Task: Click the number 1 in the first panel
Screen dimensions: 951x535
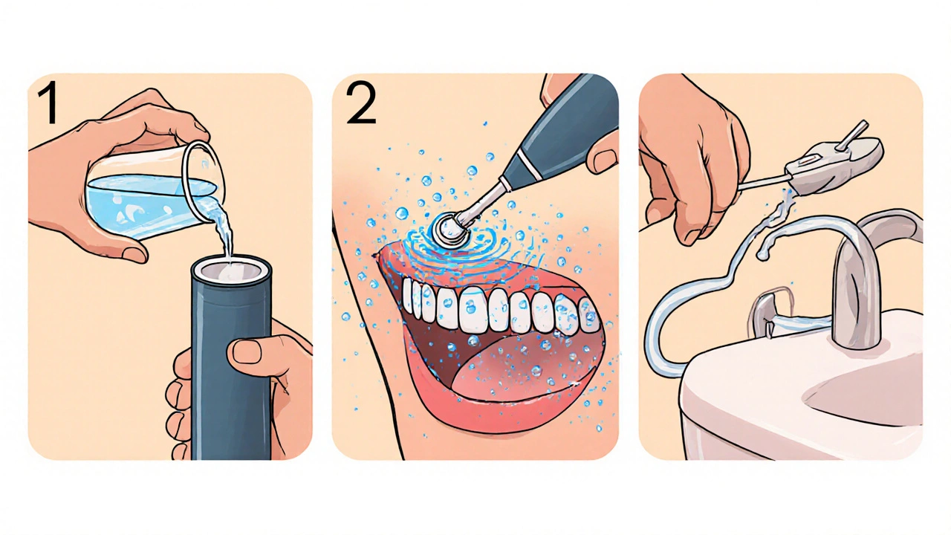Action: point(48,103)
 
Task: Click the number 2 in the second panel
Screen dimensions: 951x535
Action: point(361,103)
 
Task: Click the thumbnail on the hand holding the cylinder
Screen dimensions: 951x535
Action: point(248,351)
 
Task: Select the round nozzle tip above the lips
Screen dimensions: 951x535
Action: point(449,230)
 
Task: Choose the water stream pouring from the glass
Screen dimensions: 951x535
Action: point(224,230)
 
